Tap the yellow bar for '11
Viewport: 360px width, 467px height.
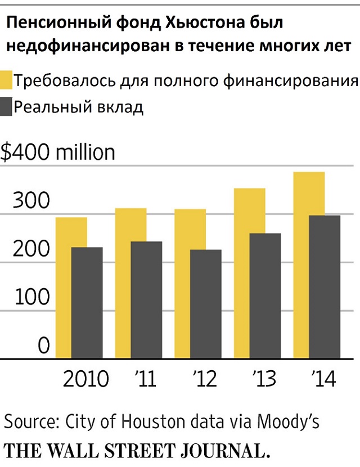[123, 225]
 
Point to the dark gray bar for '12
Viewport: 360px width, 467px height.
[205, 304]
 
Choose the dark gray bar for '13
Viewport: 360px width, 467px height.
[265, 296]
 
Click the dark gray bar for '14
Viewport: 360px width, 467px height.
[325, 287]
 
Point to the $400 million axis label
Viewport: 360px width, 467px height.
[57, 152]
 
